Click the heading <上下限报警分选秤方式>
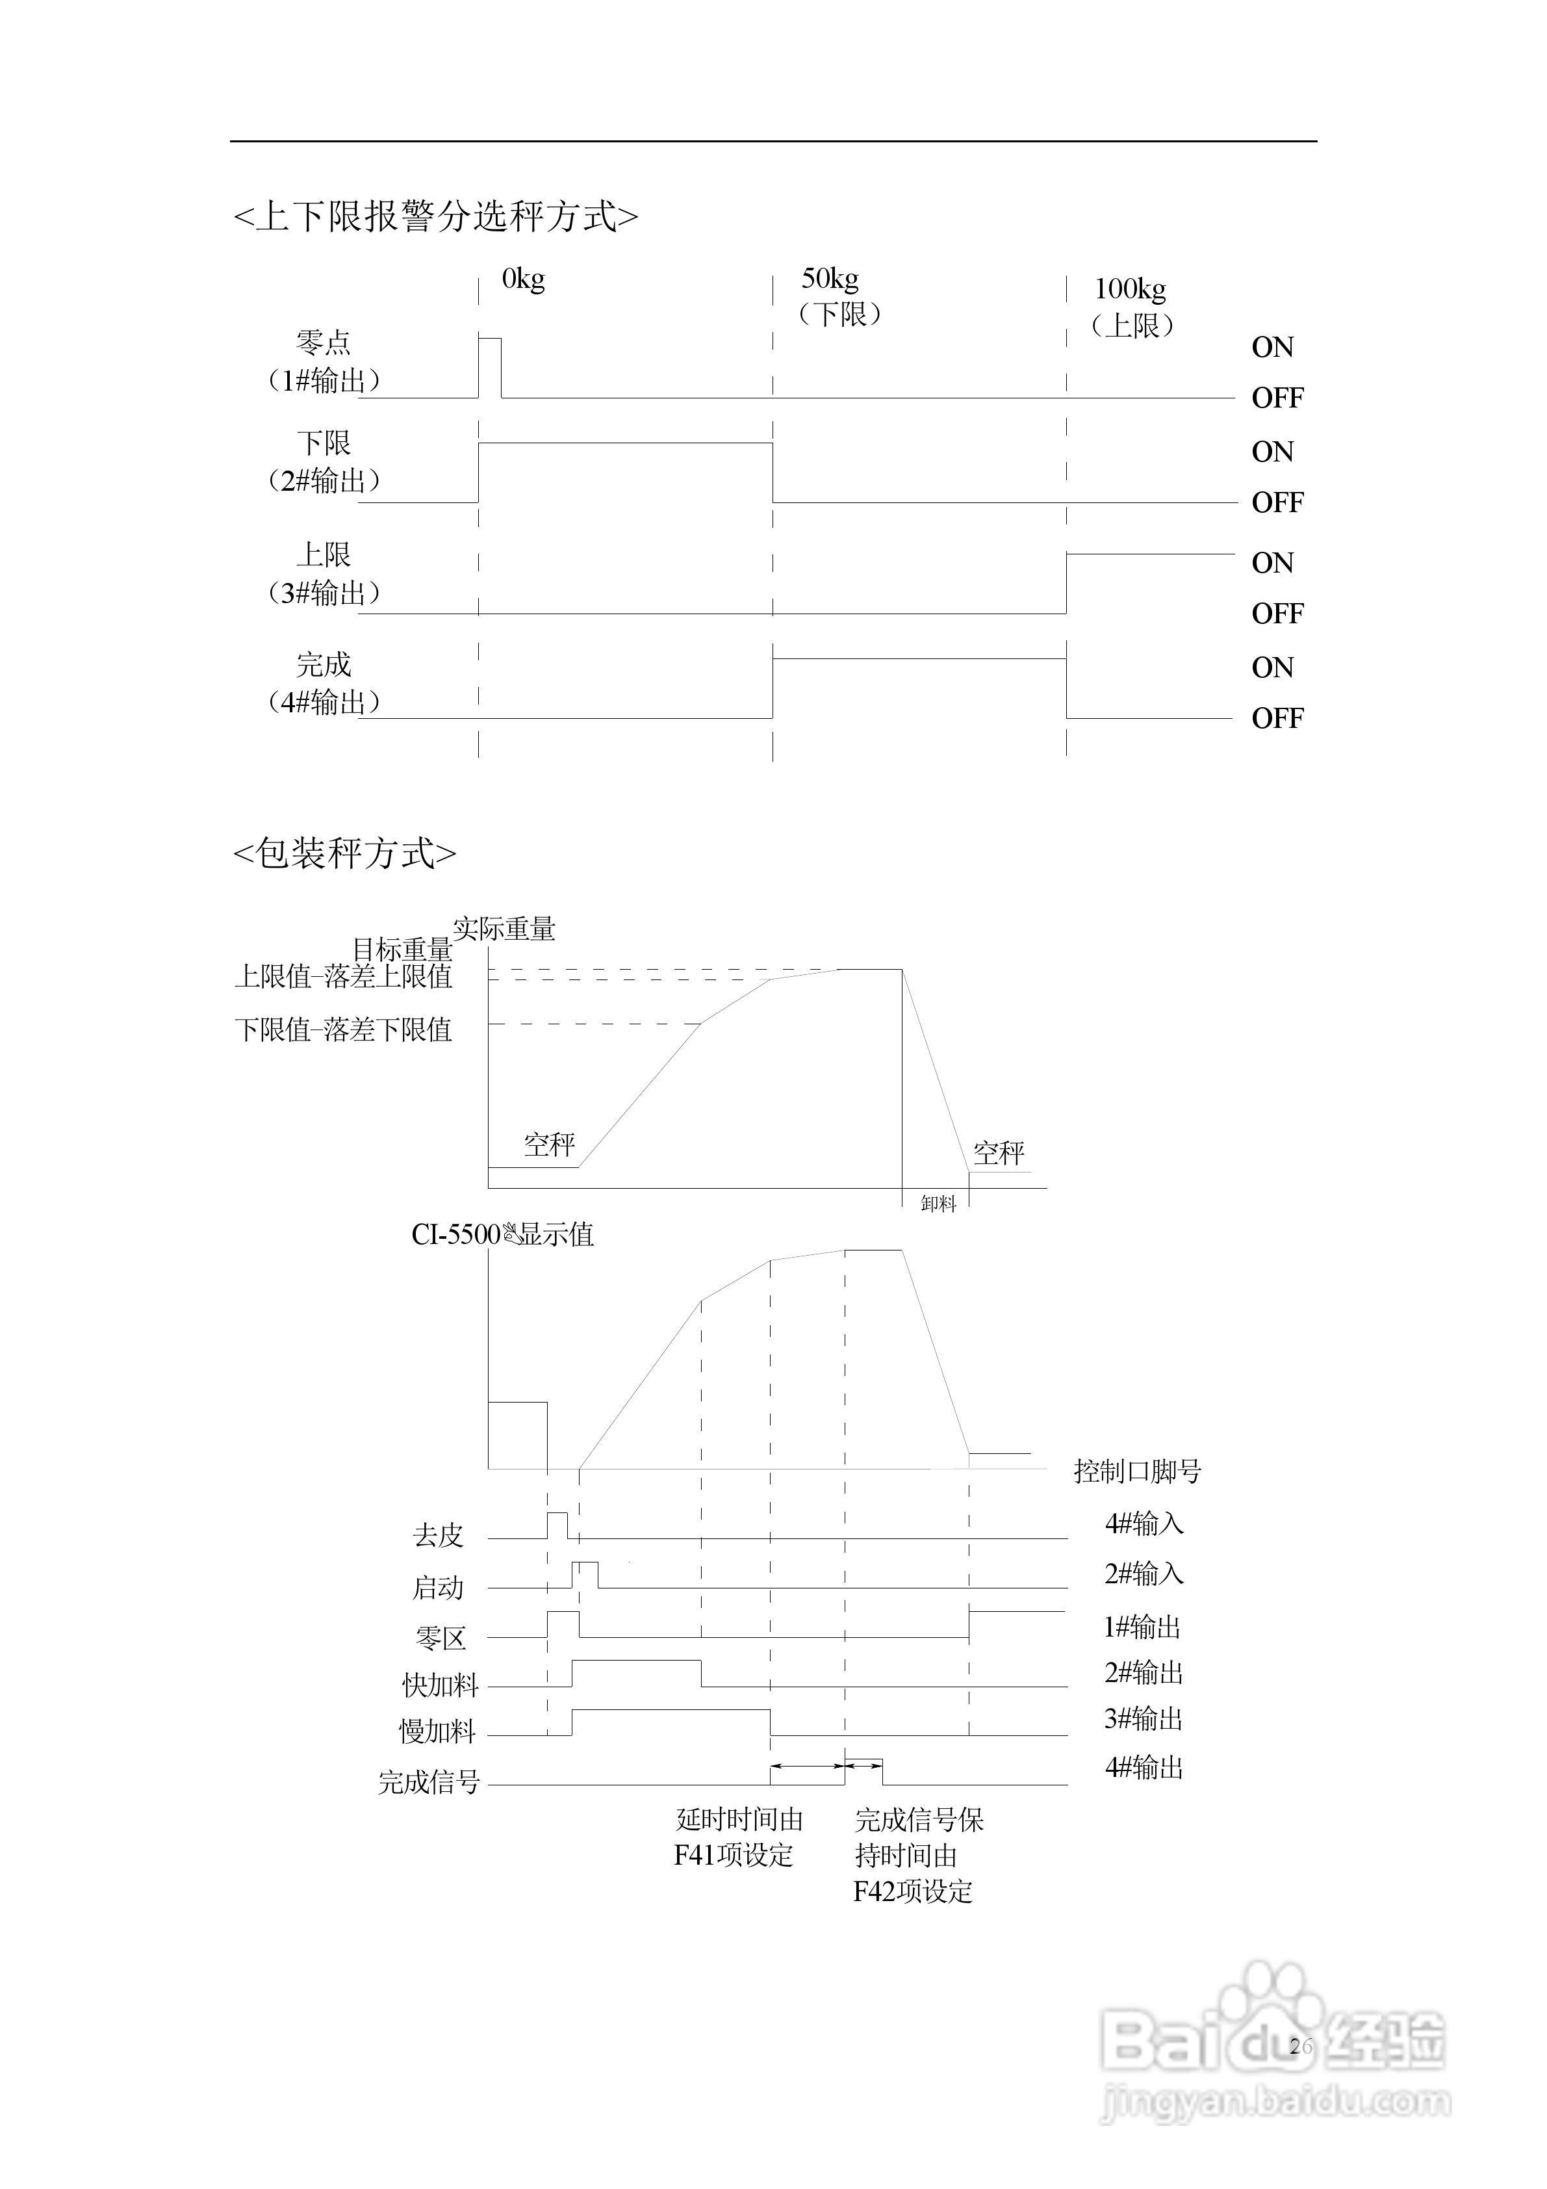(x=435, y=217)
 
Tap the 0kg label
(x=523, y=279)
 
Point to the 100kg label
(x=1131, y=289)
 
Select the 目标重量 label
(x=402, y=950)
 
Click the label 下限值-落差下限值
(x=343, y=1030)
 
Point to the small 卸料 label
(x=938, y=1204)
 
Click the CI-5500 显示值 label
(x=502, y=1235)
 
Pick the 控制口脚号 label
(x=1137, y=1471)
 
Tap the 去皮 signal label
(x=437, y=1535)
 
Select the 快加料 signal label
(x=439, y=1685)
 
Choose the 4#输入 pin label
(x=1144, y=1523)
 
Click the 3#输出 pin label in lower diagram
(x=1144, y=1719)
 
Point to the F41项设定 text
(x=734, y=1856)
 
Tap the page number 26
(x=1300, y=2045)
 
